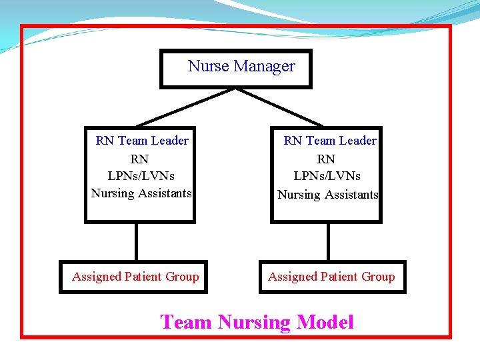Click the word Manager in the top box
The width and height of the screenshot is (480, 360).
point(264,66)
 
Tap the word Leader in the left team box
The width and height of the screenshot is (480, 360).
point(169,141)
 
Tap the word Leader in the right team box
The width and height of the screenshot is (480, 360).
point(357,141)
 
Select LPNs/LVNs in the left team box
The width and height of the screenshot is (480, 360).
point(141,176)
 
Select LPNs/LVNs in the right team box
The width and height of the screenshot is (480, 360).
point(327,176)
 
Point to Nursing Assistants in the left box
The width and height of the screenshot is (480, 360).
point(141,193)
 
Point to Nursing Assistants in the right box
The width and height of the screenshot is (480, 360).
point(327,195)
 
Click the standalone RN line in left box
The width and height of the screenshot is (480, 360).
point(139,159)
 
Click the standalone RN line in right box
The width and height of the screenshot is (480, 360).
point(326,159)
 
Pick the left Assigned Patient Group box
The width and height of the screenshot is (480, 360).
point(134,277)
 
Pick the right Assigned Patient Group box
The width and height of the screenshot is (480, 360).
point(332,277)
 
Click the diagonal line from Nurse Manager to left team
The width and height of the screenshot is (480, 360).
point(187,107)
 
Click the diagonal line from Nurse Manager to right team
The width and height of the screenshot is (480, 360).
point(280,107)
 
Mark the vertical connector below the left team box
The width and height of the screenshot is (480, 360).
point(136,241)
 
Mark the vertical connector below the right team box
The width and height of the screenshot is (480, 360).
point(327,241)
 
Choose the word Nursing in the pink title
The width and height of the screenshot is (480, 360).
point(254,323)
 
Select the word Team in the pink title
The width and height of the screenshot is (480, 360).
point(186,323)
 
